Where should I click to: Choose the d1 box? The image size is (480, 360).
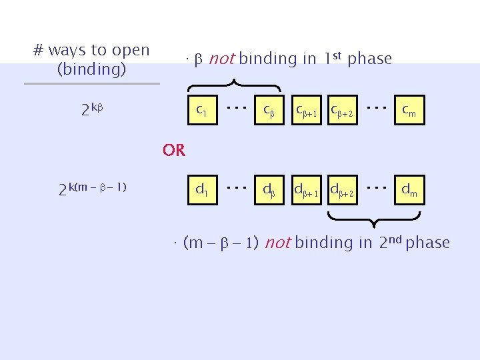point(201,191)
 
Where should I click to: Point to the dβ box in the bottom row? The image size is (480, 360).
point(270,191)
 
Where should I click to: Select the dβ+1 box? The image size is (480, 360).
point(309,191)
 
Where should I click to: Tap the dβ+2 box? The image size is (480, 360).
point(346,191)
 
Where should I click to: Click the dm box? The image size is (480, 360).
point(409,191)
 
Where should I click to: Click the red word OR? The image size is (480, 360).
point(174,151)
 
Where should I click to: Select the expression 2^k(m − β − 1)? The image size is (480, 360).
point(93,189)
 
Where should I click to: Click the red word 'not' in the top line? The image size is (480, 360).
point(221,59)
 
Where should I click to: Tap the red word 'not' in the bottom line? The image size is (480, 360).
point(277,243)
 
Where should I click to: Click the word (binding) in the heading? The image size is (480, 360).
point(92,69)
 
